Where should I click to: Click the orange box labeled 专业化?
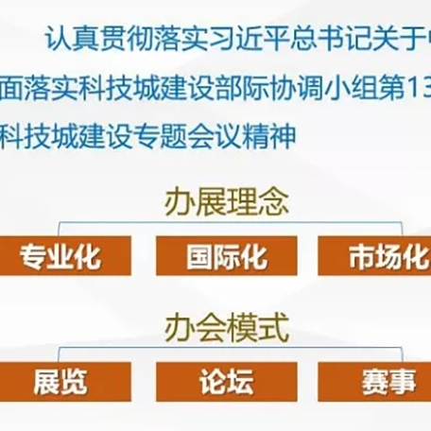tap(65, 255)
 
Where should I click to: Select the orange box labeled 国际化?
tap(227, 255)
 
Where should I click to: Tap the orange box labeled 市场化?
tap(374, 255)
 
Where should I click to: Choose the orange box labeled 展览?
tap(65, 382)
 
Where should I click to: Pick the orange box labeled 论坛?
tap(227, 382)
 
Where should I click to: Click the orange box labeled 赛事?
tap(374, 382)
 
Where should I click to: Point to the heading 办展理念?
tap(227, 202)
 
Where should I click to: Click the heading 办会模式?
tap(227, 328)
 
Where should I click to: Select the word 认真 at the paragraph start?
tap(72, 39)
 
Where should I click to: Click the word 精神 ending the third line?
tap(269, 136)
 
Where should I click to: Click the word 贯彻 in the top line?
tap(127, 39)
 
